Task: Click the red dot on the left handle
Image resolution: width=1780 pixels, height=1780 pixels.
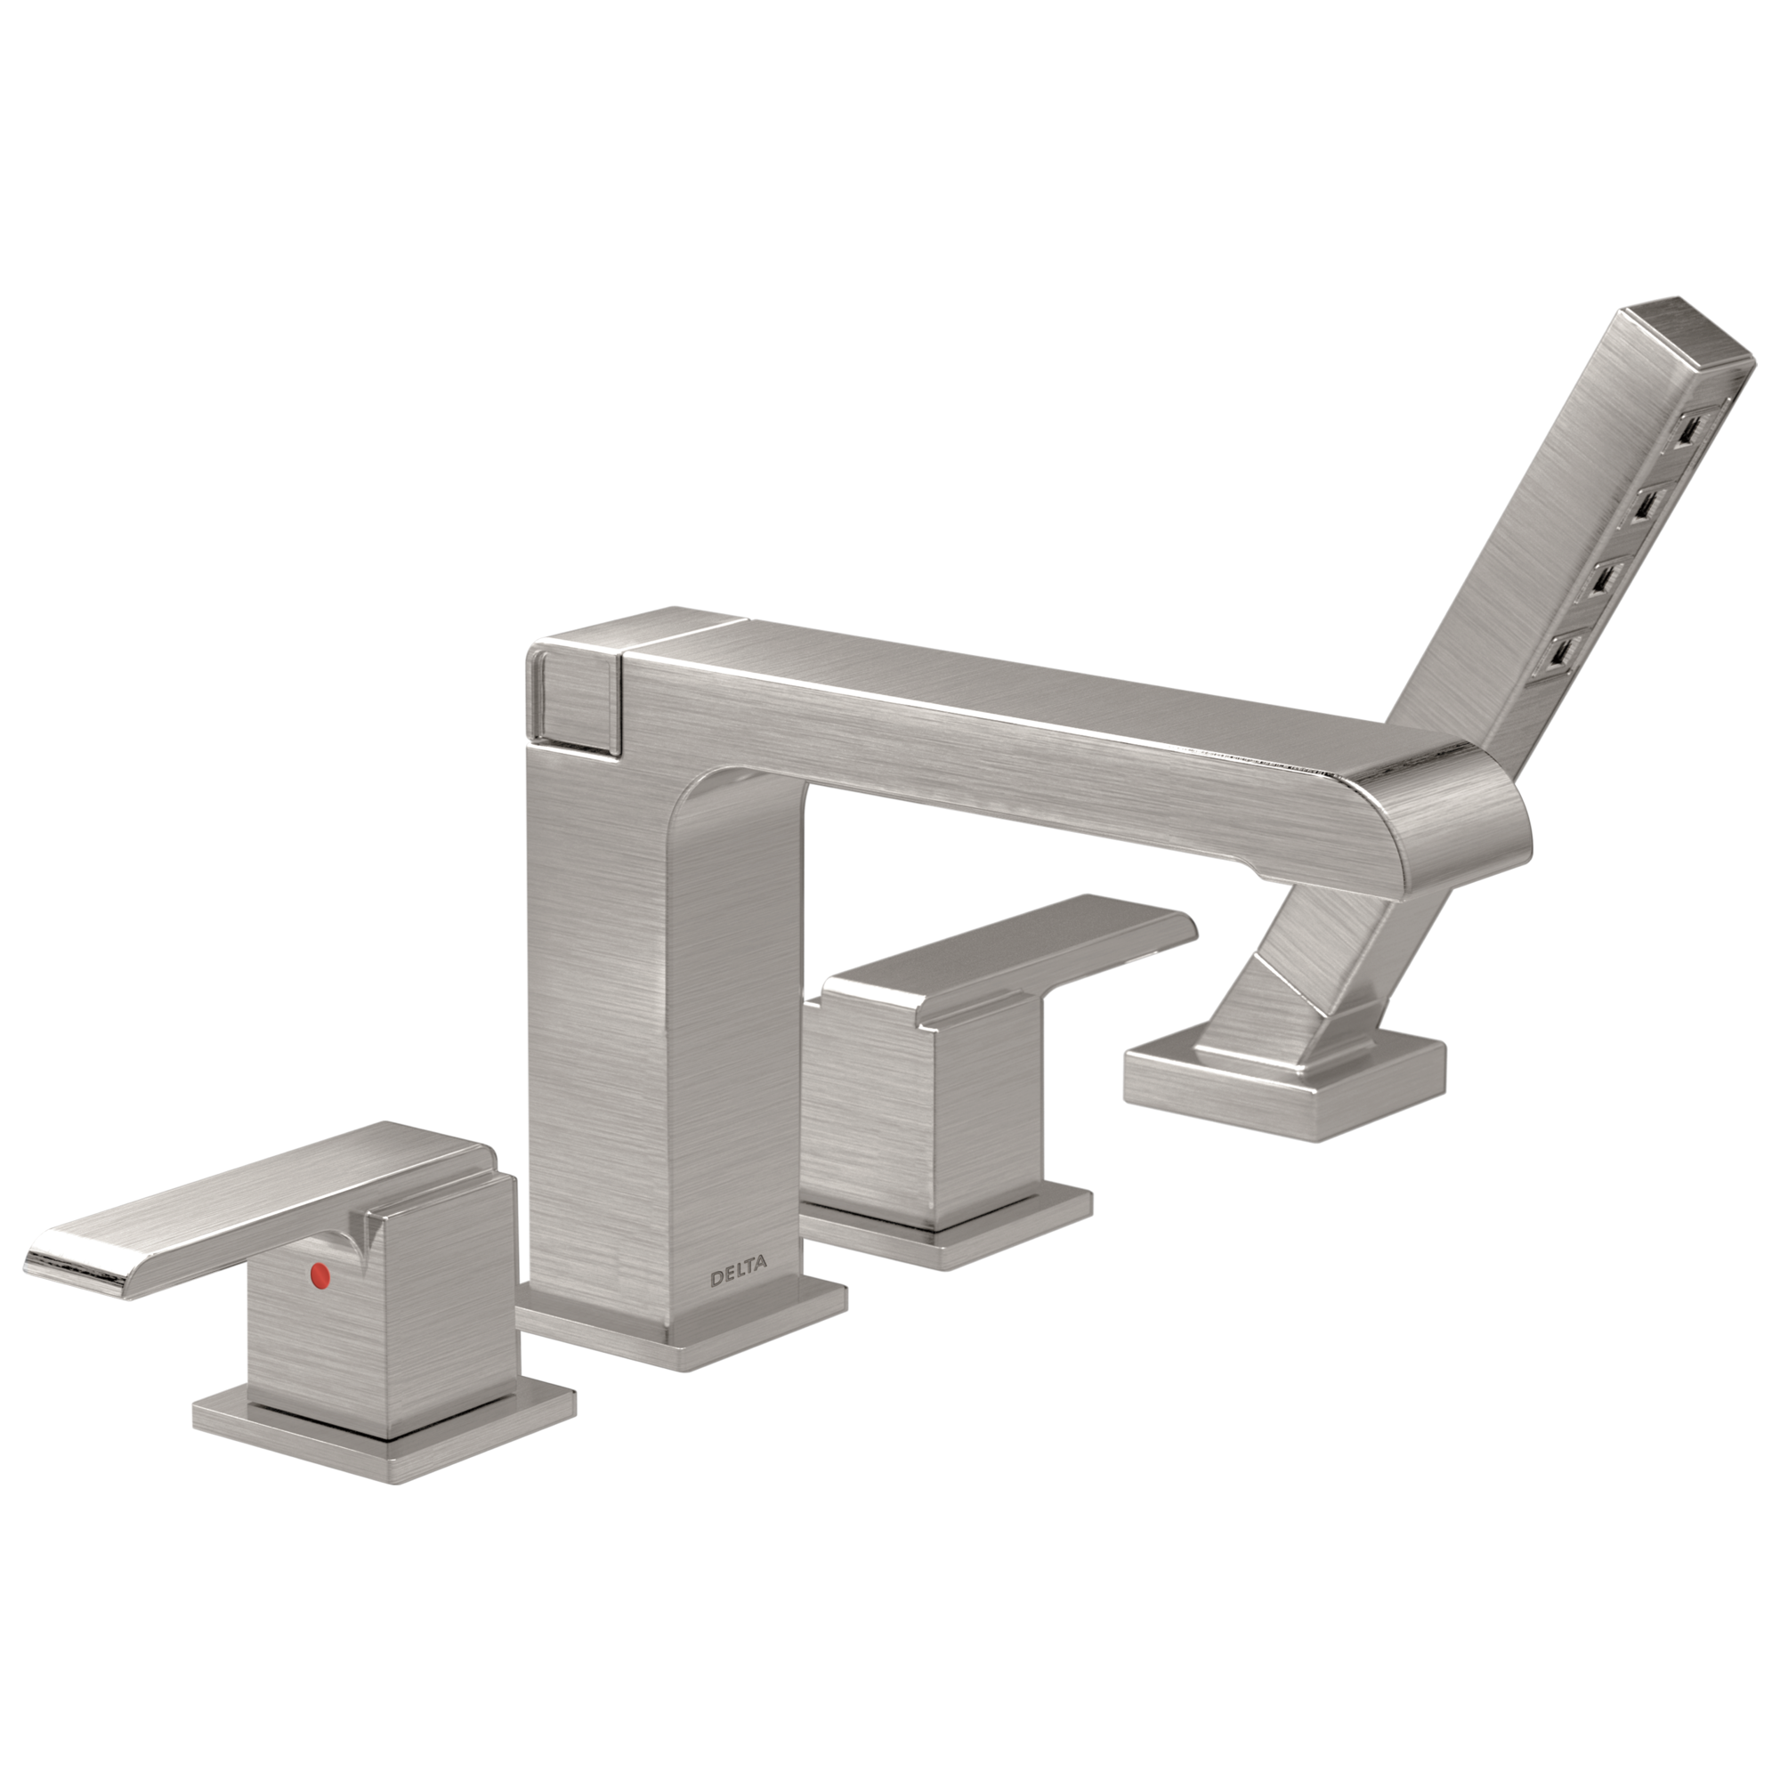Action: click(x=320, y=1274)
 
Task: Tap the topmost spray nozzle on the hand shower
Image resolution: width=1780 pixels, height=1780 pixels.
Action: click(x=1690, y=429)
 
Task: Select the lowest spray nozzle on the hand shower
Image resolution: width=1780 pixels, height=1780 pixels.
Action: click(x=1561, y=655)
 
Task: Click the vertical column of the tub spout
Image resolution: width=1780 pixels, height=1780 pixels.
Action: click(x=663, y=1059)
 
